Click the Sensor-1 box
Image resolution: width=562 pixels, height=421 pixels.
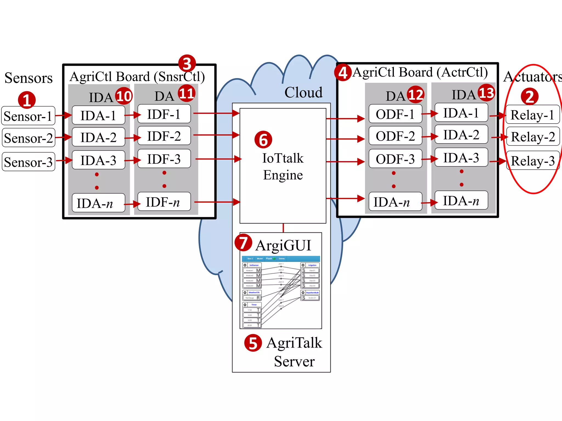(x=28, y=116)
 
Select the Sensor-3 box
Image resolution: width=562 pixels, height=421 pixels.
(x=28, y=162)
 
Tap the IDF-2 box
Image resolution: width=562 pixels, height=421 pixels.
(x=164, y=136)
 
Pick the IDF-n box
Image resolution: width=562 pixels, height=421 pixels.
(x=164, y=202)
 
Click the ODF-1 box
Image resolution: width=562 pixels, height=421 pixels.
(x=395, y=114)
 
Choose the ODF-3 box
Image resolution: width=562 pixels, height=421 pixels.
(x=395, y=159)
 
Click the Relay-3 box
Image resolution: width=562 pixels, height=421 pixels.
(x=533, y=161)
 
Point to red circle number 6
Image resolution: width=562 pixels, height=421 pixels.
(x=263, y=140)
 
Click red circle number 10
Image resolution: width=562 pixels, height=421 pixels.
(x=124, y=96)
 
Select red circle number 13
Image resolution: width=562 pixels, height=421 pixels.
(x=487, y=93)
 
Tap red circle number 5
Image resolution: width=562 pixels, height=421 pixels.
(x=253, y=343)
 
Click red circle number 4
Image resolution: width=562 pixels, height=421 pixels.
(x=343, y=73)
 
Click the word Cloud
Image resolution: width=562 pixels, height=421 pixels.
(x=303, y=92)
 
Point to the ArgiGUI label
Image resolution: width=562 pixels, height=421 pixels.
(x=283, y=245)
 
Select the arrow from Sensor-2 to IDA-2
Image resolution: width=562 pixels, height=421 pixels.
(x=63, y=137)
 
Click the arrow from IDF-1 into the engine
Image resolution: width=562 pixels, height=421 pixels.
(x=216, y=113)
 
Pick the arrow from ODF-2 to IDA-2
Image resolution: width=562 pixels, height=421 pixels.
(x=430, y=136)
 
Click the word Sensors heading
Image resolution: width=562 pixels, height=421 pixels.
(x=29, y=78)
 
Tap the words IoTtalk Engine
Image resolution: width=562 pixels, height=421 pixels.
(x=283, y=166)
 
